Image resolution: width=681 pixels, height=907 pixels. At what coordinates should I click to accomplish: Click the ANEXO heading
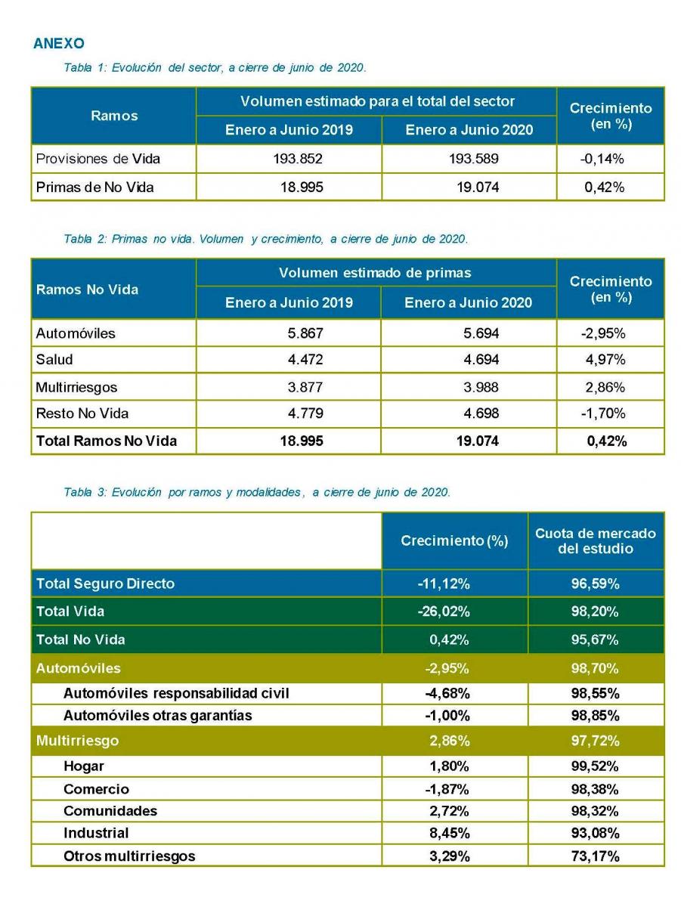point(59,43)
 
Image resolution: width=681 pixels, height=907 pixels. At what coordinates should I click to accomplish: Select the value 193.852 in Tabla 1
point(298,159)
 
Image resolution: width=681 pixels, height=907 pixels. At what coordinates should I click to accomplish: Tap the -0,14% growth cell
point(602,159)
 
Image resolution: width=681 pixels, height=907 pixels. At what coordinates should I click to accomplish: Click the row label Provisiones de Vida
point(98,159)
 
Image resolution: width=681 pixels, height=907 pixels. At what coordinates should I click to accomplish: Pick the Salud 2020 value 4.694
point(481,360)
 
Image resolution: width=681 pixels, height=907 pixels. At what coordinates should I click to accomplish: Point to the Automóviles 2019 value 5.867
point(305,333)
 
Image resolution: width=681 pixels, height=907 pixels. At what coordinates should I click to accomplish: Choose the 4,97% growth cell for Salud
point(605,360)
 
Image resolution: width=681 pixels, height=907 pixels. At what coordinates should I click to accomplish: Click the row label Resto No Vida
point(82,413)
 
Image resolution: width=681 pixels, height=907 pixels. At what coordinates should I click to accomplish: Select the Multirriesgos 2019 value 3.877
point(305,387)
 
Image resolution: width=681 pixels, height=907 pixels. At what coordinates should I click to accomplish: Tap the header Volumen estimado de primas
point(375,273)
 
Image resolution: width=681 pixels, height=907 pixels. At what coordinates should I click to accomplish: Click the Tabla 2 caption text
point(266,239)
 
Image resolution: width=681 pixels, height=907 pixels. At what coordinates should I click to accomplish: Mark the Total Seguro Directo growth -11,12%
point(444,584)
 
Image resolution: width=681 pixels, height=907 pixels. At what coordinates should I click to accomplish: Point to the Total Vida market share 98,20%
point(595,611)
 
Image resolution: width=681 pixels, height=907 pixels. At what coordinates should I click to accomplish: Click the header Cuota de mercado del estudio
point(596,540)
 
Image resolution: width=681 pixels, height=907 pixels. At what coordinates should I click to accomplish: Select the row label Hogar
point(84,766)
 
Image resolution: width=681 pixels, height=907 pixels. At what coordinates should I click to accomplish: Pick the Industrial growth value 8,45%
point(450,833)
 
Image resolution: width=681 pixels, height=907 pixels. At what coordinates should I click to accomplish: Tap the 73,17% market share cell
point(595,856)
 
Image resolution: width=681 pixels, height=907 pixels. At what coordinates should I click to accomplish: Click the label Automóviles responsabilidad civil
point(176,693)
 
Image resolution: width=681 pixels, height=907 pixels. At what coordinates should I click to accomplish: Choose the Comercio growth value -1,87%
point(447,789)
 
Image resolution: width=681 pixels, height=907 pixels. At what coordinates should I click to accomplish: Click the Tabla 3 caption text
point(257,492)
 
